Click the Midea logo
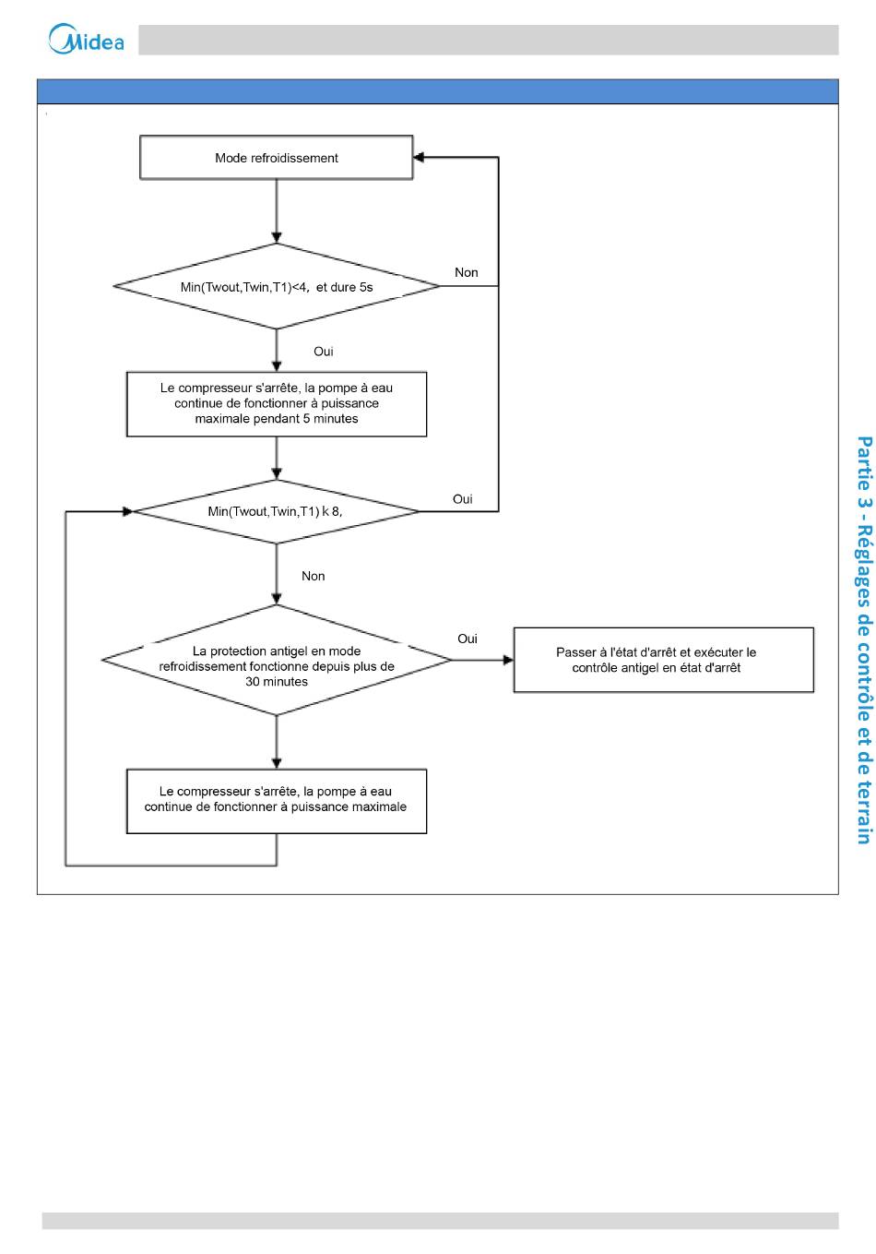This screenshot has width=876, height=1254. click(86, 39)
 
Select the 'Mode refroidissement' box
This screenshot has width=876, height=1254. click(277, 157)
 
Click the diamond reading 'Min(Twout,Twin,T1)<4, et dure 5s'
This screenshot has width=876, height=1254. click(277, 286)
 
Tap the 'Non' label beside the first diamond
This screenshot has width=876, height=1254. click(466, 272)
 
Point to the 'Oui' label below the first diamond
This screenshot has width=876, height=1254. click(324, 352)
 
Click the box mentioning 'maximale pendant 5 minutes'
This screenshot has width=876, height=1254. click(277, 403)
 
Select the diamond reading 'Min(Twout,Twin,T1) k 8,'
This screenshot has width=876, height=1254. click(277, 512)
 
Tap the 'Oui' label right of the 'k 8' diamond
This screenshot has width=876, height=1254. click(463, 499)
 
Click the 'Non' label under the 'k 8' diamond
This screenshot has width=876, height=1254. click(313, 576)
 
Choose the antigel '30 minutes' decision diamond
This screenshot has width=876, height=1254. click(277, 660)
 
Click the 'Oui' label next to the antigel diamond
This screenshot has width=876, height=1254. click(468, 639)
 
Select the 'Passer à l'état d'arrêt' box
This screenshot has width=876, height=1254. click(663, 660)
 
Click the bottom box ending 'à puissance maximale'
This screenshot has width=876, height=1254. click(277, 801)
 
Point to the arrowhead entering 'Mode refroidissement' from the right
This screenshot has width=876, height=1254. click(419, 157)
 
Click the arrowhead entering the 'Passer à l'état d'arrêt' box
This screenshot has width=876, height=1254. click(508, 660)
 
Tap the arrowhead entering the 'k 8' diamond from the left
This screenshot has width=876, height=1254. click(128, 512)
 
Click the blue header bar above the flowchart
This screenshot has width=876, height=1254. click(437, 91)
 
